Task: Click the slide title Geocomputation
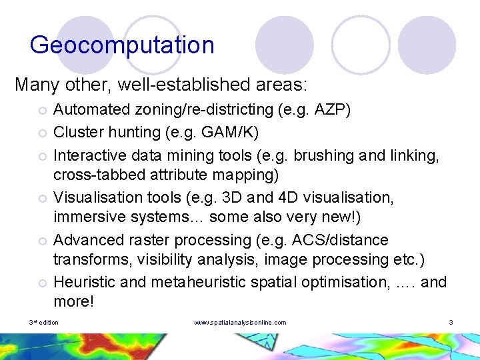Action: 122,45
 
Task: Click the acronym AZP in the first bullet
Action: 339,109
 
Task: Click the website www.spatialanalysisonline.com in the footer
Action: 240,323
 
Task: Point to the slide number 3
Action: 451,323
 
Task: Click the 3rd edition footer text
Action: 44,323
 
